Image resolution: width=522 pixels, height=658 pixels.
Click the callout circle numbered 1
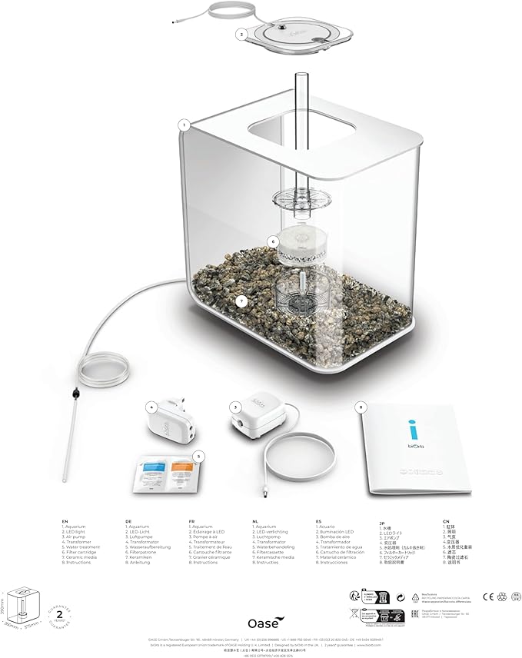point(184,124)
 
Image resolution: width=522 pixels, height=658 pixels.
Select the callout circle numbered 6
point(272,241)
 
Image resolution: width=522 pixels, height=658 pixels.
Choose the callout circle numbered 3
point(234,406)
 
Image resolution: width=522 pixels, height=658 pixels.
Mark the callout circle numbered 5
point(199,456)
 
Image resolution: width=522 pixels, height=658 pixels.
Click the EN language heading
point(65,520)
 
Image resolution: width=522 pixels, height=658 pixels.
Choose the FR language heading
point(191,520)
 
